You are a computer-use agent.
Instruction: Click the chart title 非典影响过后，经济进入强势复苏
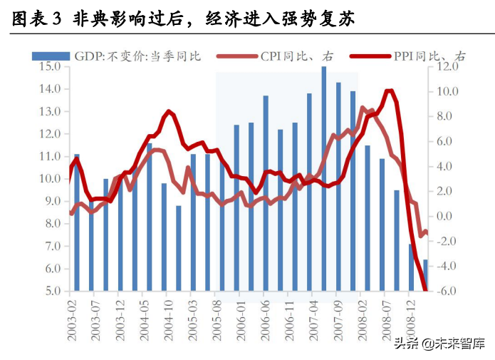click(214, 20)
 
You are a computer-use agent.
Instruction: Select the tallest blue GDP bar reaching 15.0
click(324, 178)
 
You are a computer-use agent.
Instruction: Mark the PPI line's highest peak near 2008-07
click(389, 91)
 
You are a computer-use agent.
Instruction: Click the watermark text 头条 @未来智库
click(439, 344)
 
